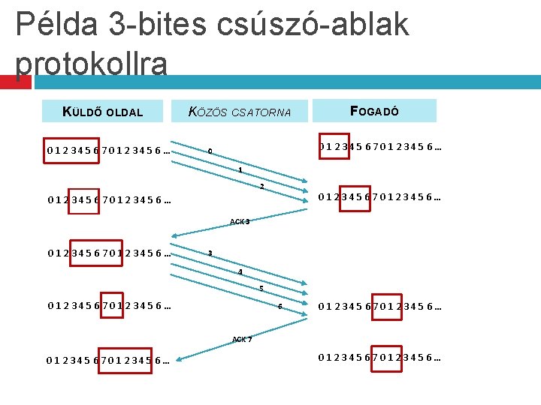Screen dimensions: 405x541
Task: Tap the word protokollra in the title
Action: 91,64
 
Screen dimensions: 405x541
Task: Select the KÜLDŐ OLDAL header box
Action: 104,112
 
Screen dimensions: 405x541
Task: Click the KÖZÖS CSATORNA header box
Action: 240,112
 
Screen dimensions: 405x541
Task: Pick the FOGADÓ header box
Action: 374,111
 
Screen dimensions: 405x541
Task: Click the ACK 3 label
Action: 240,221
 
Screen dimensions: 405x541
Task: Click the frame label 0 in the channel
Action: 210,153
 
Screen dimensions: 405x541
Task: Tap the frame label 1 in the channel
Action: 240,170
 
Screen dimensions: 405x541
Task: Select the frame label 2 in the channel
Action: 261,186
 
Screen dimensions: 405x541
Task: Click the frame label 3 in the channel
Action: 210,254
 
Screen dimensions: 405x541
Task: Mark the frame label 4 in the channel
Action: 240,271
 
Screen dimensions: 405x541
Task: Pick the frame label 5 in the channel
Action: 261,289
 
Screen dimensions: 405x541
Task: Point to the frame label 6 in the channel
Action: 279,306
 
